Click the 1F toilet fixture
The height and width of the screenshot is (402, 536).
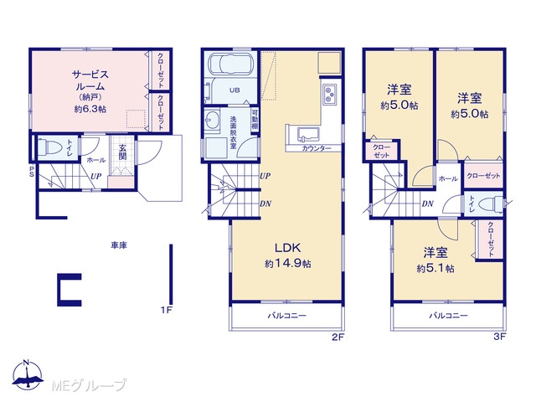click(x=50, y=147)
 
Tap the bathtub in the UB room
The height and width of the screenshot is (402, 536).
click(x=229, y=64)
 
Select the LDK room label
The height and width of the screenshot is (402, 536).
click(x=287, y=247)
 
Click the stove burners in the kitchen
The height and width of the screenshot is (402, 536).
click(x=329, y=94)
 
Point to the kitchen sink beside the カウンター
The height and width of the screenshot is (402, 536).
click(x=308, y=134)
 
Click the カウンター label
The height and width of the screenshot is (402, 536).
click(x=317, y=148)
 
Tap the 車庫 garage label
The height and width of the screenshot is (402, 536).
click(x=119, y=245)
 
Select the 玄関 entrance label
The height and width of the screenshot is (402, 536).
click(x=122, y=152)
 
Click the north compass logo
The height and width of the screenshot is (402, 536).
click(x=28, y=374)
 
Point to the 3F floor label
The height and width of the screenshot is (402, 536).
click(x=499, y=337)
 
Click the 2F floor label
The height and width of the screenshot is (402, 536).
click(x=338, y=338)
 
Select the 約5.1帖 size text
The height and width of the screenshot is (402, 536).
click(x=435, y=268)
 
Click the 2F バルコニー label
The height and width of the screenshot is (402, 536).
click(x=286, y=316)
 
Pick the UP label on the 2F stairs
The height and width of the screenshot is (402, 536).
click(x=265, y=176)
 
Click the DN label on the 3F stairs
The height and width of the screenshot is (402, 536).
click(x=427, y=204)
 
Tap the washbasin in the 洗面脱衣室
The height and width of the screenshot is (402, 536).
click(x=213, y=121)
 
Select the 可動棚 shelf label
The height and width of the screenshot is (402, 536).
click(x=255, y=119)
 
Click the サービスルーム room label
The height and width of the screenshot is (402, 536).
click(x=90, y=80)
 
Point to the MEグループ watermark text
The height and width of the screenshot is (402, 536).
click(x=89, y=385)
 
